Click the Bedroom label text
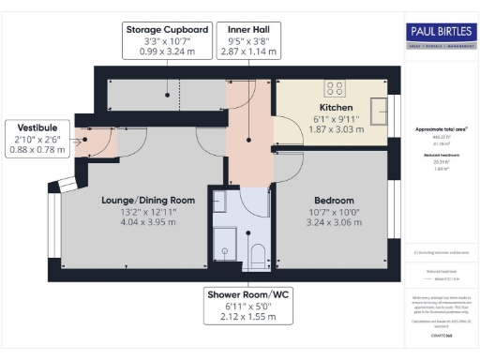[334, 201]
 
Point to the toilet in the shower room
[258, 254]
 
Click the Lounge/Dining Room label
[148, 200]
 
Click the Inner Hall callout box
[247, 42]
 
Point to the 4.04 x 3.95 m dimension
[148, 225]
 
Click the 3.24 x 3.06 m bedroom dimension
[334, 226]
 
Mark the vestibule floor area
[97, 142]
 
